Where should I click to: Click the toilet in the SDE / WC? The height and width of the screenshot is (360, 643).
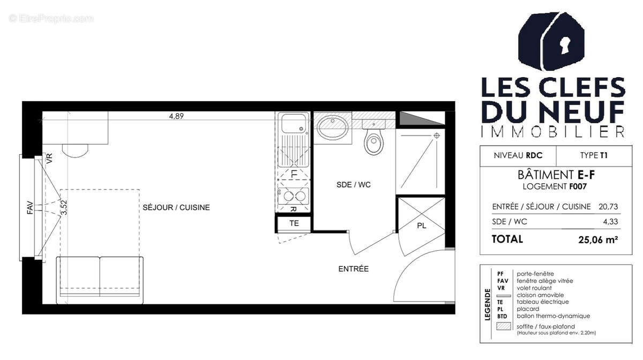373,142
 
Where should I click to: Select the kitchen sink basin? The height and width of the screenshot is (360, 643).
292,124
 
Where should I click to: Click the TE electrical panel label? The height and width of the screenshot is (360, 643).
294,223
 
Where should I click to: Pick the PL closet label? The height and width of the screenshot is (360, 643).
422,226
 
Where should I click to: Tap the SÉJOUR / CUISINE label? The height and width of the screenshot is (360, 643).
176,207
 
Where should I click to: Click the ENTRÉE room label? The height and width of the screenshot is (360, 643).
353,269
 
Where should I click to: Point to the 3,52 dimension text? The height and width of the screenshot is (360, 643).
64,207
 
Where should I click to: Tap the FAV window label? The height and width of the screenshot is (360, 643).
30,207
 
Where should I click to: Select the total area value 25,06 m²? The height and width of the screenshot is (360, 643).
595,239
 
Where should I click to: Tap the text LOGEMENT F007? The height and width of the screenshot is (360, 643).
551,186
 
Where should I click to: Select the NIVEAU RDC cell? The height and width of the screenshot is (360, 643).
518,156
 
